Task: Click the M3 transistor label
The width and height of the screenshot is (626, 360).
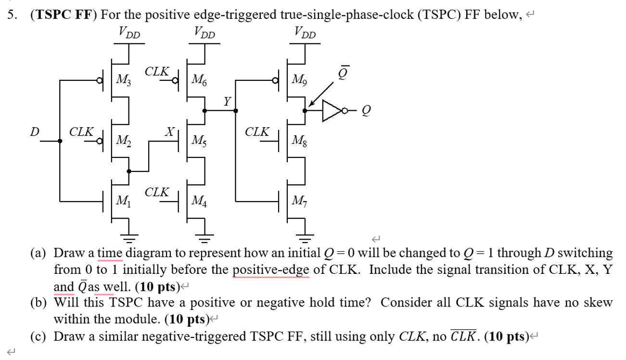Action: coord(124,79)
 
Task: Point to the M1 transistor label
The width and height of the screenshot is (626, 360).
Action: coord(124,199)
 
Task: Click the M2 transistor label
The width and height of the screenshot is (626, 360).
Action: coord(124,141)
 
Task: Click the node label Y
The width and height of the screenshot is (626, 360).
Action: coord(227,101)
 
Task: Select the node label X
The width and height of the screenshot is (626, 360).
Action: coord(169,131)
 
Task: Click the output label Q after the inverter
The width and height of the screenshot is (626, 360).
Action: coord(366,111)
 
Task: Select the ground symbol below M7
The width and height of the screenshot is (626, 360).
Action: coord(305,236)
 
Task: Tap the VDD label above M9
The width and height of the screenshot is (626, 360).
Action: coord(305,34)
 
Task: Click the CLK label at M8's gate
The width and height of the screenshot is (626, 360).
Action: coord(257,131)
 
